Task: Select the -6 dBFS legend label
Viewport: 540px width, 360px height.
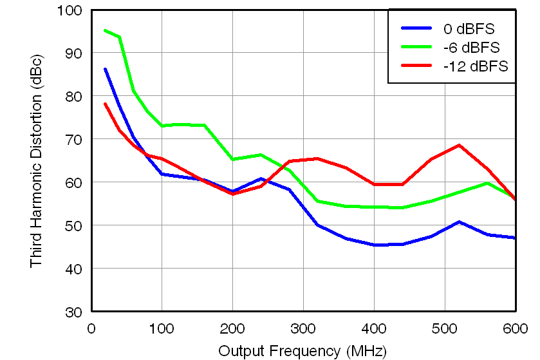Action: point(471,47)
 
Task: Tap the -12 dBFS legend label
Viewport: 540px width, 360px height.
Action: point(475,66)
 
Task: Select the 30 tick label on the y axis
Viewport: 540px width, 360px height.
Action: point(73,312)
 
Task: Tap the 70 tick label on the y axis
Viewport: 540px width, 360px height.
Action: point(73,139)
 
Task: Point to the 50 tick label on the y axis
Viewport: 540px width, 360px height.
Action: point(73,225)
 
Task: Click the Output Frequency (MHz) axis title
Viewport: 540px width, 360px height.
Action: point(303,351)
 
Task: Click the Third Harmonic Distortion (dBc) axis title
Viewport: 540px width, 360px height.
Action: point(36,161)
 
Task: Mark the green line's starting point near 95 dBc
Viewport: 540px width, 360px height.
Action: point(105,30)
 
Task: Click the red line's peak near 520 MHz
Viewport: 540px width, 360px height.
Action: point(459,145)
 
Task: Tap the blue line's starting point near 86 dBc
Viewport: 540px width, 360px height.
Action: point(105,69)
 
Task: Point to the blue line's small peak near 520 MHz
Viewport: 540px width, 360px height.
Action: point(459,222)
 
